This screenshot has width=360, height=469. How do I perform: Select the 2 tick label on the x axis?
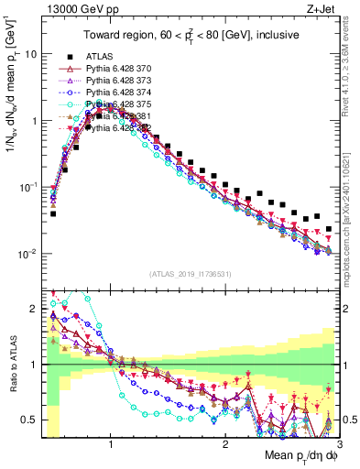coord(224,443)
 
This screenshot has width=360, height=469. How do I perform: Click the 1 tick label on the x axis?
coord(111,443)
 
